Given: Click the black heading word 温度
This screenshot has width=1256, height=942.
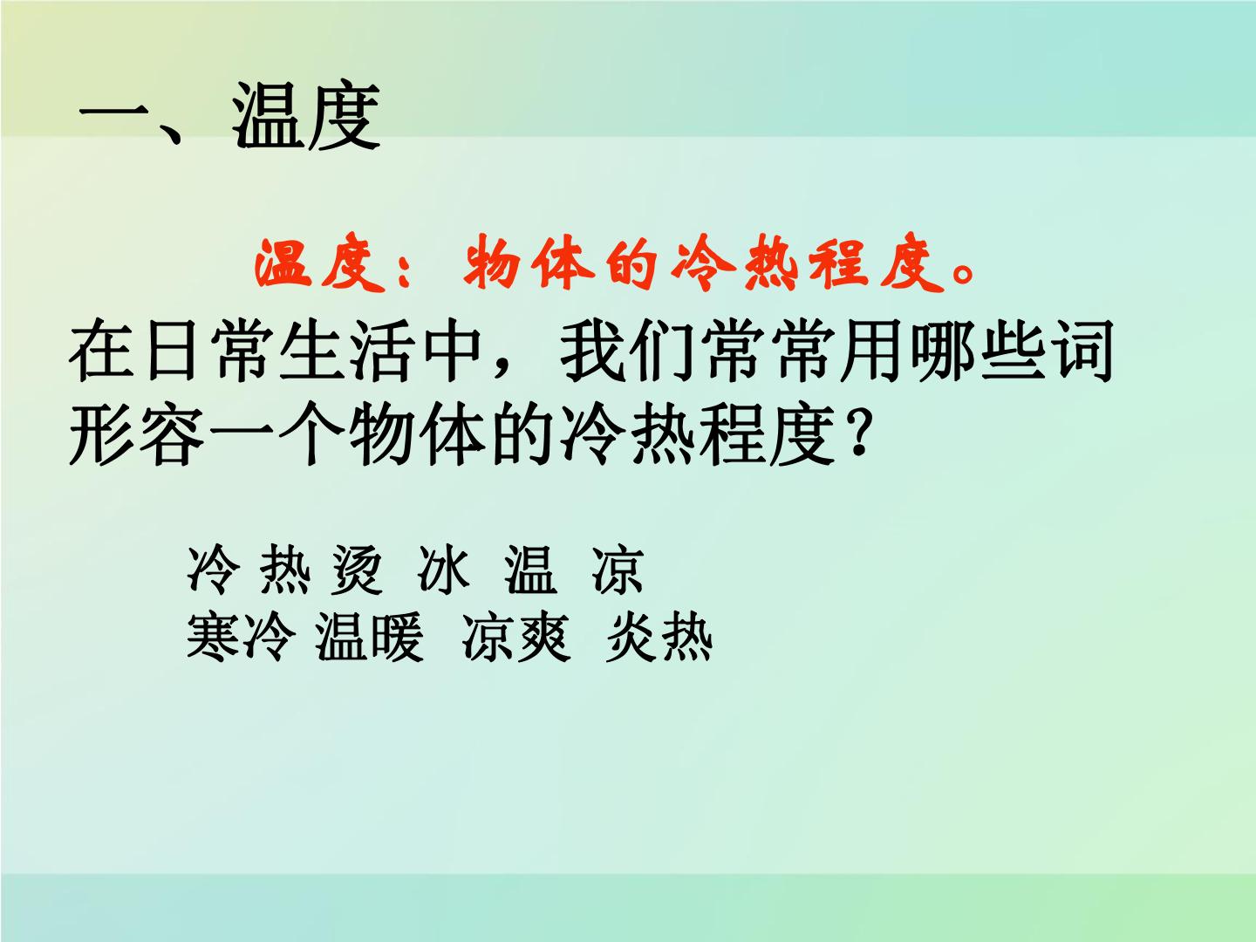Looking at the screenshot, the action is tap(306, 116).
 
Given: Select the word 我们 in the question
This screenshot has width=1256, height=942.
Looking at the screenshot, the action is tap(626, 351).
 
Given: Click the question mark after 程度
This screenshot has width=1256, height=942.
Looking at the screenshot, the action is tap(857, 433).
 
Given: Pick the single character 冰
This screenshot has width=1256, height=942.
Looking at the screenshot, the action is tap(444, 569).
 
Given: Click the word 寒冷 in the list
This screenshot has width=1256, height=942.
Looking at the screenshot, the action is tap(241, 636).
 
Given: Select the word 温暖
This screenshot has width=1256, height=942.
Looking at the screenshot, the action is tap(369, 636).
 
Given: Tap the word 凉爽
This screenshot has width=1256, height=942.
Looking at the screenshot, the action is tap(516, 636).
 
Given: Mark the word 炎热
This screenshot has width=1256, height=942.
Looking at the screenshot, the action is tap(659, 636).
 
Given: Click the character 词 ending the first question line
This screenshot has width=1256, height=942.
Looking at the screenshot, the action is tap(1082, 351).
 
